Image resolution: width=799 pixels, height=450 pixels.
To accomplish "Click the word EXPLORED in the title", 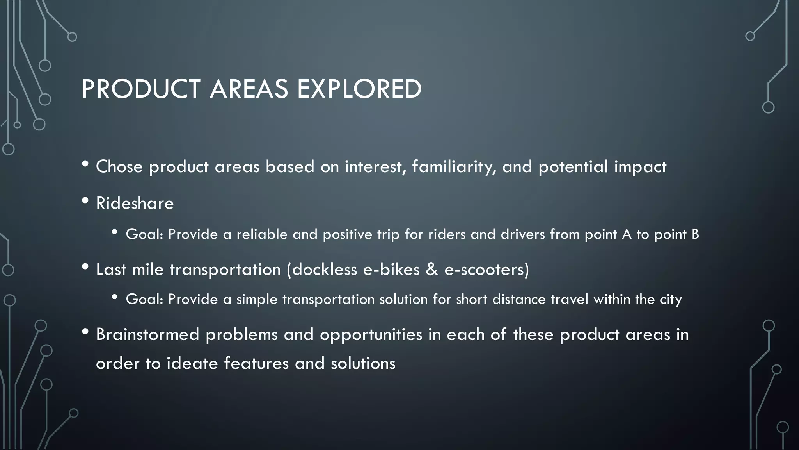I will coord(359,89).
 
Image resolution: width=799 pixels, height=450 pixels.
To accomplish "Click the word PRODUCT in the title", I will coord(141,89).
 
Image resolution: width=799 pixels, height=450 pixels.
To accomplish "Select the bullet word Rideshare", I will coord(135,204).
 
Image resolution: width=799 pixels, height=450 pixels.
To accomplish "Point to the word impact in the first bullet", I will coord(640,167).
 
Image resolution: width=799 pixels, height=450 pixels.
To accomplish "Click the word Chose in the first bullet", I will coord(119,167).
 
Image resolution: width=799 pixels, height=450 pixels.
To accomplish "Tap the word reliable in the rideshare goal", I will coord(262,234).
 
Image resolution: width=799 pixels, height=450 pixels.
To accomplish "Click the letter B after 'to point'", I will coord(695,234).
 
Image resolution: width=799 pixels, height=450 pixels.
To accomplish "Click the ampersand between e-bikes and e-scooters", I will coord(432,270).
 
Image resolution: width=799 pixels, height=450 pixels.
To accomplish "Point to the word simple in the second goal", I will coord(257,300).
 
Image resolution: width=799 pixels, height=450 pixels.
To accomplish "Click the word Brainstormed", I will coord(147,335).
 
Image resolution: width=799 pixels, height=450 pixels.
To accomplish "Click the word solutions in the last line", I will coord(363,364).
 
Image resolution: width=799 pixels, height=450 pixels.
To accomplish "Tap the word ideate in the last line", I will coord(192,364).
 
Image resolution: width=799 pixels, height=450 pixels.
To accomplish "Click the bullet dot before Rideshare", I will coord(85,202).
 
